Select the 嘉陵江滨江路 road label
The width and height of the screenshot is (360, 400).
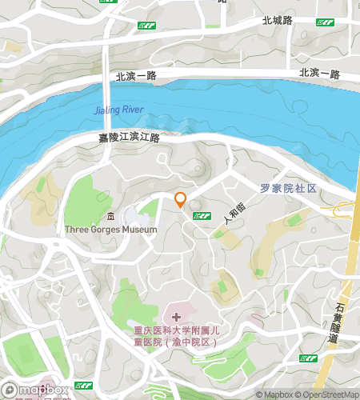pos(129,138)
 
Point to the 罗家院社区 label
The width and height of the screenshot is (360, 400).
pos(289,189)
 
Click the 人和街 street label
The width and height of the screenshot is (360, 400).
pos(233,214)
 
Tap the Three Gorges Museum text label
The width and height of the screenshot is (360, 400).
pos(110,229)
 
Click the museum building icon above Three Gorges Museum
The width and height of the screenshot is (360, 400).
pos(110,216)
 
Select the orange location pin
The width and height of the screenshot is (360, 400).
pos(181,200)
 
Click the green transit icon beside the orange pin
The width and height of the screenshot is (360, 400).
pos(203,215)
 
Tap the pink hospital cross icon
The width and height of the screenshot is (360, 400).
pos(177,318)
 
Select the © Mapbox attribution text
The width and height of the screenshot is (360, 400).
pos(275,394)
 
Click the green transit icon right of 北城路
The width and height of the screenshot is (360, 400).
pos(324,22)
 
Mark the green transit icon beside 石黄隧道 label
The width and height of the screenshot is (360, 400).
pos(309,357)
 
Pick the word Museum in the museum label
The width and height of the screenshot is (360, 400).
pos(140,229)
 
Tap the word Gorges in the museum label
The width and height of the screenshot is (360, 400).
pos(107,229)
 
